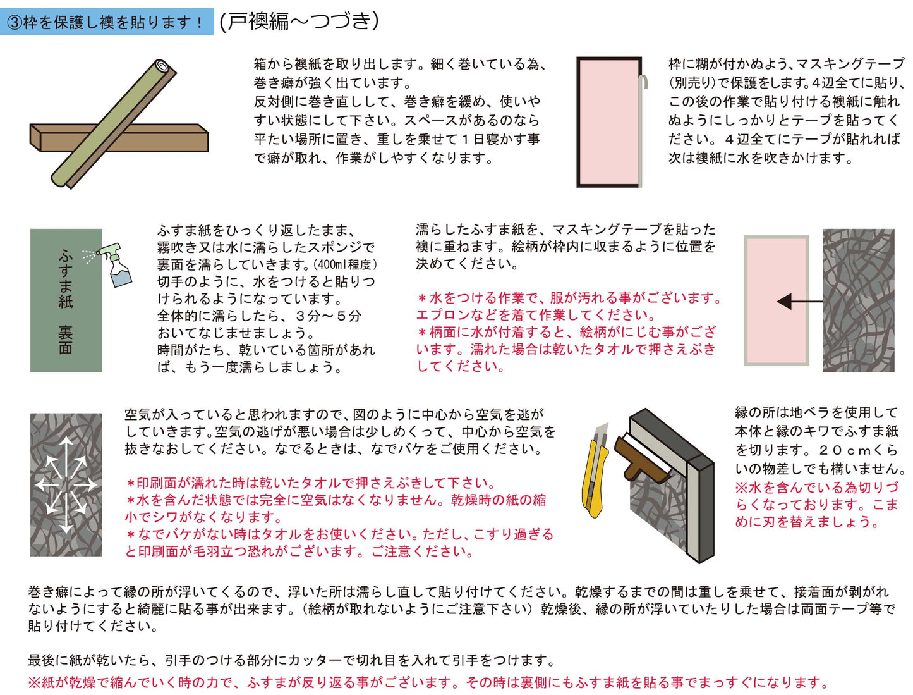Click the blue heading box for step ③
[x=107, y=22]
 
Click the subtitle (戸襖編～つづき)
[x=299, y=21]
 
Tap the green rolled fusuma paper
[x=114, y=123]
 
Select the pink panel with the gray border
[x=777, y=300]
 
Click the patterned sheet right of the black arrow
[x=858, y=300]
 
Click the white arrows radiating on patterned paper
[x=66, y=484]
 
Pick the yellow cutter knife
[x=596, y=471]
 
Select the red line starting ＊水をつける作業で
[x=569, y=298]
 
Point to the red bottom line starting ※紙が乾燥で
[x=428, y=682]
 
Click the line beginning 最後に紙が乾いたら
[x=291, y=660]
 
